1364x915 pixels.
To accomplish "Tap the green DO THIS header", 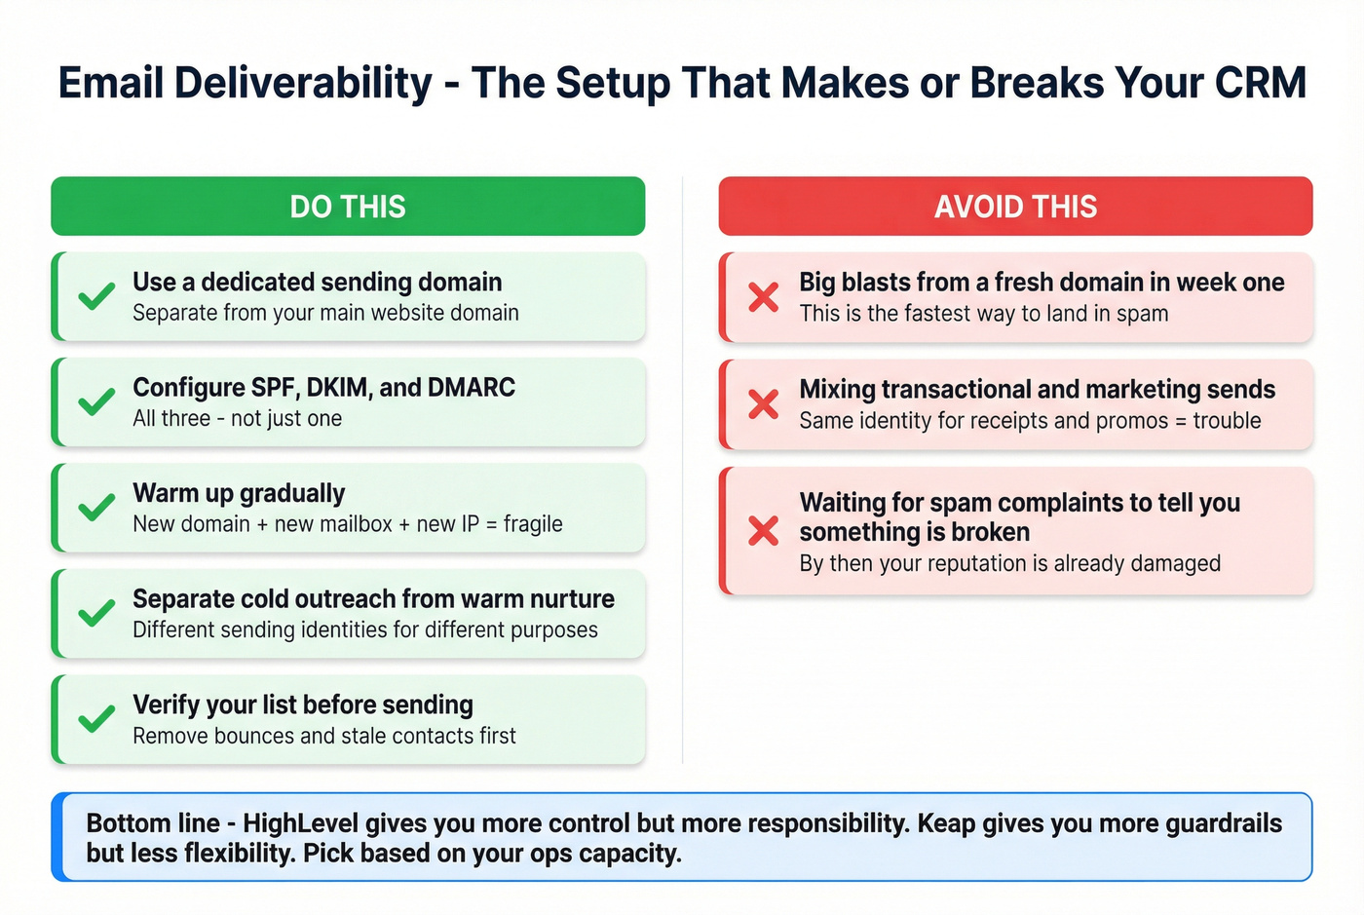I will [348, 207].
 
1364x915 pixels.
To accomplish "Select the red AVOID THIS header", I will [1015, 207].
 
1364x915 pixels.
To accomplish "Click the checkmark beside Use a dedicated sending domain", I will [96, 296].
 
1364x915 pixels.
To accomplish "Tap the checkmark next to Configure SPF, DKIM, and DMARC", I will [96, 401].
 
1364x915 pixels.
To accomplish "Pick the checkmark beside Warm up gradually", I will [96, 508].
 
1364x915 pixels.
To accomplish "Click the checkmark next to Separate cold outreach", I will [96, 613].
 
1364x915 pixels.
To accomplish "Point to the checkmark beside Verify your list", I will [96, 719].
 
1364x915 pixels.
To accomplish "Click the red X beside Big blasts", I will [764, 297].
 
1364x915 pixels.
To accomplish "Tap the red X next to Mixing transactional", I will [764, 403].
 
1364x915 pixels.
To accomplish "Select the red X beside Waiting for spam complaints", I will [764, 531].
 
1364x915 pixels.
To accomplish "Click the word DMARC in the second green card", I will [467, 388].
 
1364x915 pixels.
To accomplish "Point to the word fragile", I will [533, 524].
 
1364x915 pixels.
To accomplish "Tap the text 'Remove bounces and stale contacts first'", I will [324, 736].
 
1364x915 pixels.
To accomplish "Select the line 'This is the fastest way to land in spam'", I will [983, 314].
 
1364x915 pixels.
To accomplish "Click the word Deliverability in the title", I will [303, 83].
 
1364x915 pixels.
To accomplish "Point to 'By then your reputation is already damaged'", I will [1009, 563].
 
